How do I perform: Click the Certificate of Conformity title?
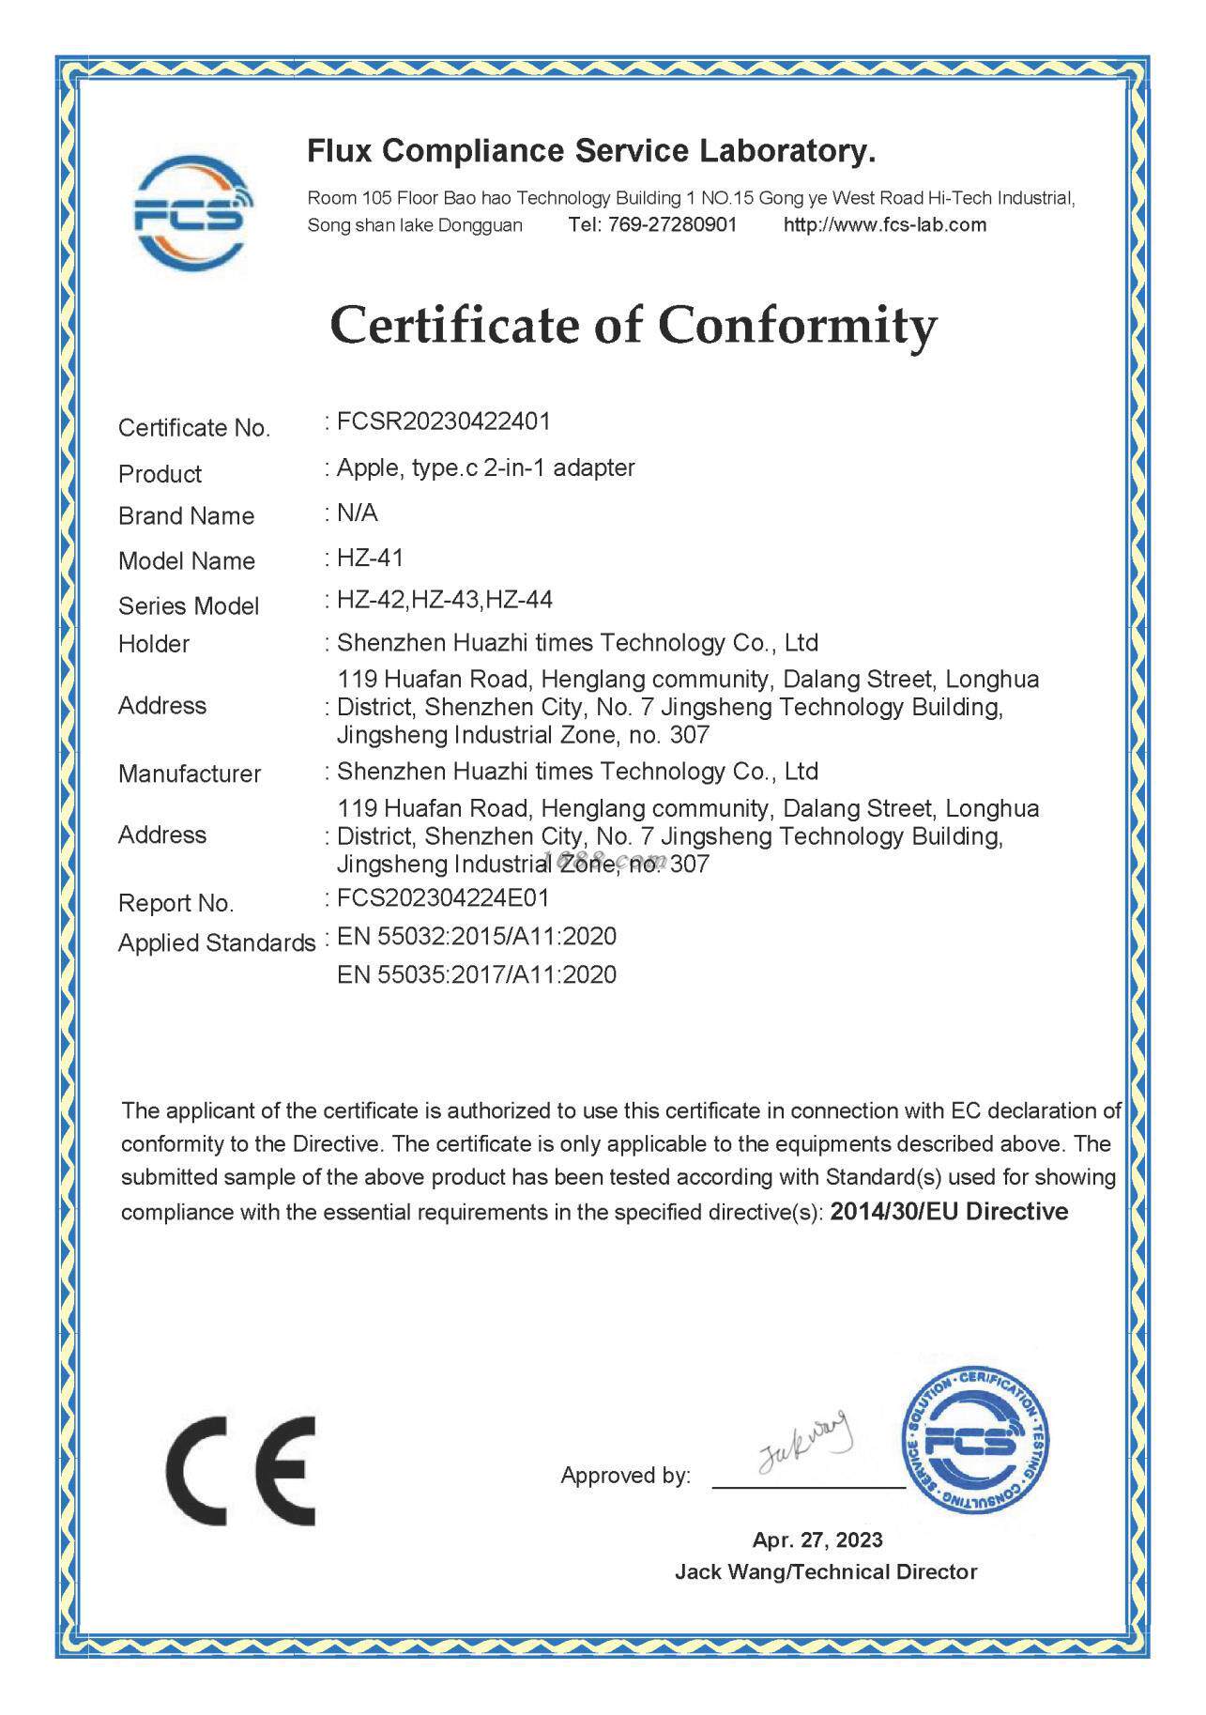(x=634, y=326)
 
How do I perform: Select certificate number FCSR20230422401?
(x=443, y=421)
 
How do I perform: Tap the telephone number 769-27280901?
(x=672, y=224)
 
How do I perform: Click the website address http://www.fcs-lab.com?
(x=884, y=224)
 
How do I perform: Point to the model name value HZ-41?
(x=371, y=559)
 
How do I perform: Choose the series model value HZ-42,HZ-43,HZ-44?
(x=445, y=600)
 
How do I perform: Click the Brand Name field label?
(x=186, y=516)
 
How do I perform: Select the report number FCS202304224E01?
(x=443, y=898)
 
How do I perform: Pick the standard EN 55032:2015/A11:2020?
(x=477, y=937)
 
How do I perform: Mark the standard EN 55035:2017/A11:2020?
(x=477, y=975)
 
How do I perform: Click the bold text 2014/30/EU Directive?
(x=949, y=1212)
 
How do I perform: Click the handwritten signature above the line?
(x=803, y=1442)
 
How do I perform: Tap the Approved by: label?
(x=625, y=1476)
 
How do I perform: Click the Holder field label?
(x=154, y=644)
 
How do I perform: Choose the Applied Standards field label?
(x=217, y=943)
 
